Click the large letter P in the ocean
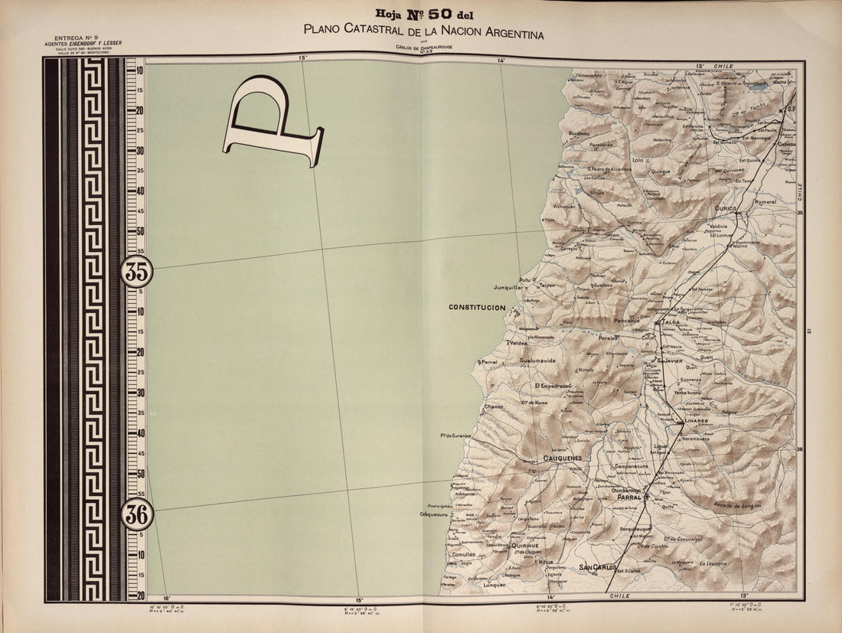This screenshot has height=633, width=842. [x=272, y=122]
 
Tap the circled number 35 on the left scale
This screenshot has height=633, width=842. [x=137, y=272]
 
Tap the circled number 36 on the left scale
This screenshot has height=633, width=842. [x=137, y=514]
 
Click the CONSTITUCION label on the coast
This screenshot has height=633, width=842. [x=477, y=308]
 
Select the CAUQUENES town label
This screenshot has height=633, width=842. [x=563, y=458]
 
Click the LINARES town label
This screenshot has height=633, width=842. [x=696, y=422]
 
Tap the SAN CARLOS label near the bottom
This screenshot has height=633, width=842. [x=597, y=567]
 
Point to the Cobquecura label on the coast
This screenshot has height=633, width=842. [x=432, y=514]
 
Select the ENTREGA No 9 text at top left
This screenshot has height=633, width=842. [x=74, y=38]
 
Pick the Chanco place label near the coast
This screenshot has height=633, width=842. [x=494, y=406]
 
